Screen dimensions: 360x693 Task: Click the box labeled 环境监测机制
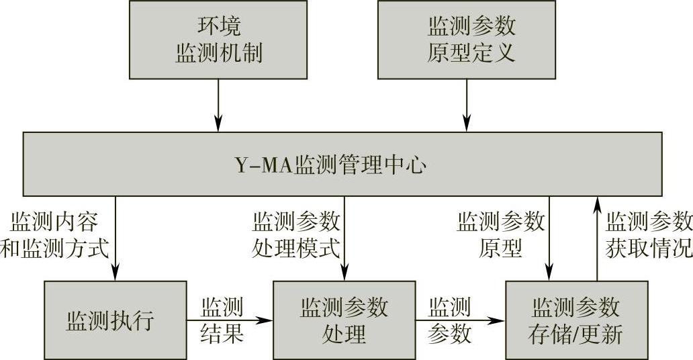[x=218, y=39]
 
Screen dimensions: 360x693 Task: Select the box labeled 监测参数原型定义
[x=467, y=39]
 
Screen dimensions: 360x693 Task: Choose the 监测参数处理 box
[x=343, y=320]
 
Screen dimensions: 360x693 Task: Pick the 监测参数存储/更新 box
[x=575, y=320]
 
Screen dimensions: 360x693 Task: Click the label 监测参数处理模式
[x=295, y=234]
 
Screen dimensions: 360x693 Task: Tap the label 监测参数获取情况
[x=648, y=234]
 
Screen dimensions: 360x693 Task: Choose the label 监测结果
[x=222, y=320]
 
